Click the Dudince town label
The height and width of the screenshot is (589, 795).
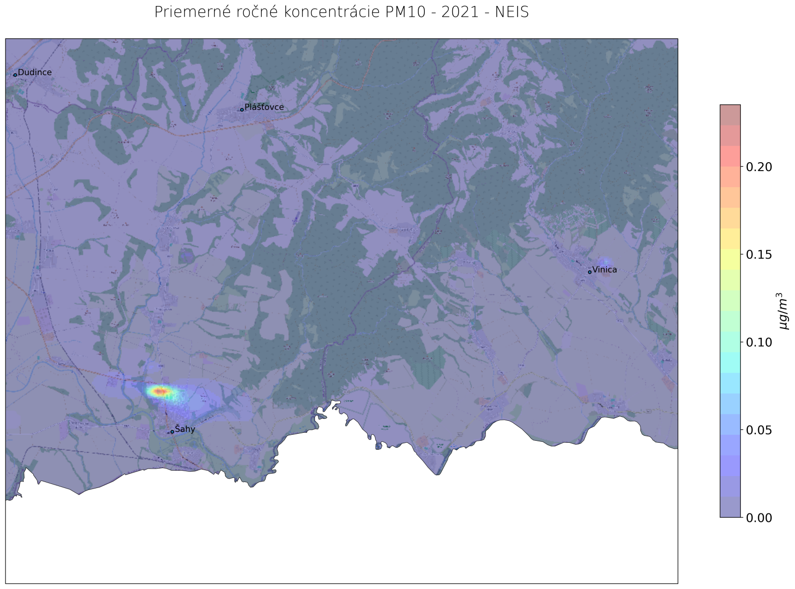coord(35,73)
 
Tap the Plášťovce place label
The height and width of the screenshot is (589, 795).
coord(264,107)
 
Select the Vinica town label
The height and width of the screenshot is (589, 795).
coord(605,270)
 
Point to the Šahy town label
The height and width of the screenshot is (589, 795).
coord(185,430)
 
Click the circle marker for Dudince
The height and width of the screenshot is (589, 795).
coord(15,75)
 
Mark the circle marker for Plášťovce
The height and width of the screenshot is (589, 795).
coord(241,109)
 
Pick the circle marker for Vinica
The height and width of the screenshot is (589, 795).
coord(589,272)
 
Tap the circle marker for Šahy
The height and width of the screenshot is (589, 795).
coord(172,432)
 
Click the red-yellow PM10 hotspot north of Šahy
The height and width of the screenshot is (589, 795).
coord(160,392)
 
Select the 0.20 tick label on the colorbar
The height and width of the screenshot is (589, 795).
coord(759,167)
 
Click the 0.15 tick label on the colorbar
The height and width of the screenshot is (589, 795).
coord(759,255)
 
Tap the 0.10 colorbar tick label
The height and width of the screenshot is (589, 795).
coord(759,342)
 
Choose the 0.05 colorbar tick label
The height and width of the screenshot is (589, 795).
coord(759,430)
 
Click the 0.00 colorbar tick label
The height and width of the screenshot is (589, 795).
coord(759,518)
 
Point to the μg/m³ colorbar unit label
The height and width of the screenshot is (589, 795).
coord(784,311)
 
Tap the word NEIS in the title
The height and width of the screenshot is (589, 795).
coord(512,12)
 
